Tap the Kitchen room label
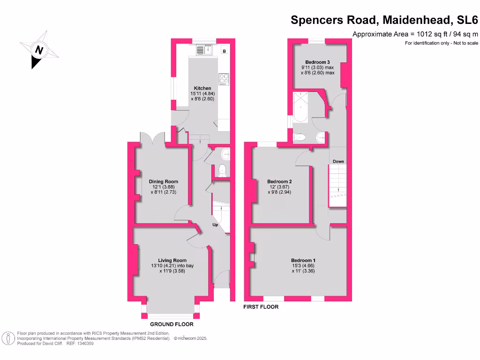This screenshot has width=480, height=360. [x=202, y=88]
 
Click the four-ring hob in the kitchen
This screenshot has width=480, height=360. [x=224, y=79]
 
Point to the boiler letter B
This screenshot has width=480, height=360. [x=224, y=51]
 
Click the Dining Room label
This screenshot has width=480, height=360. [x=163, y=181]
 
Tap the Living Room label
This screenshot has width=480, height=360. [x=172, y=260]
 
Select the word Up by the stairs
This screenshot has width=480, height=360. [x=216, y=225]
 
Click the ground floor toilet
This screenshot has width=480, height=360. [x=222, y=170]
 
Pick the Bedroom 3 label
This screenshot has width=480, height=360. [x=317, y=62]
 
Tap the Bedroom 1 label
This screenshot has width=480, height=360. [x=303, y=260]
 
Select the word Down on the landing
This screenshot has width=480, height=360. [x=338, y=161]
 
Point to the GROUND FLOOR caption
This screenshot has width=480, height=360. [x=172, y=324]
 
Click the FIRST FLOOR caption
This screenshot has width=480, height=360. [x=261, y=307]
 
